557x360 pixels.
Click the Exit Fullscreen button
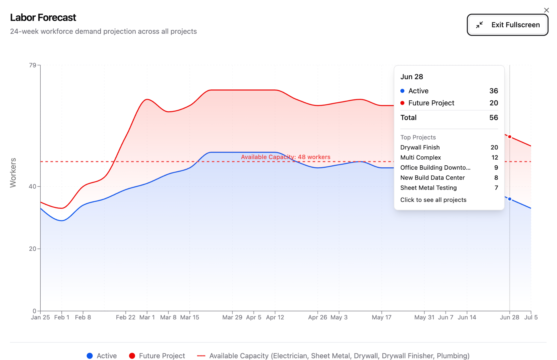click(507, 25)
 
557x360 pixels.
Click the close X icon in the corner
click(547, 10)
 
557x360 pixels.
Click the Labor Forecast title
click(43, 18)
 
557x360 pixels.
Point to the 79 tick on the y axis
click(32, 65)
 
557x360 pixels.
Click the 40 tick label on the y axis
click(32, 187)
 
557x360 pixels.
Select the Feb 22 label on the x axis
click(126, 317)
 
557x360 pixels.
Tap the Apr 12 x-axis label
click(275, 317)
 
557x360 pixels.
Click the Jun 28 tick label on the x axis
click(509, 317)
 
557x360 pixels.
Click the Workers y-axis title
click(13, 173)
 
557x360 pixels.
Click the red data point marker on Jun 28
click(510, 137)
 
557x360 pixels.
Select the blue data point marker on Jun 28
click(510, 199)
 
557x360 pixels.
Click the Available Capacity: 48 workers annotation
click(285, 157)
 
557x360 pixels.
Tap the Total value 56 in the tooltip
click(493, 117)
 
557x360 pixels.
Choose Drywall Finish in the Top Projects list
click(420, 147)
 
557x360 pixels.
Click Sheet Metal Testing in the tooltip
click(428, 188)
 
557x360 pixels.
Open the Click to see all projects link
click(433, 200)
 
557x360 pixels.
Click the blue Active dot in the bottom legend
click(90, 356)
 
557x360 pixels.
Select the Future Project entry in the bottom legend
click(157, 356)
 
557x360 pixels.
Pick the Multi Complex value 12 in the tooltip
click(495, 158)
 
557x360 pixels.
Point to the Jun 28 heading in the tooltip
click(412, 77)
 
